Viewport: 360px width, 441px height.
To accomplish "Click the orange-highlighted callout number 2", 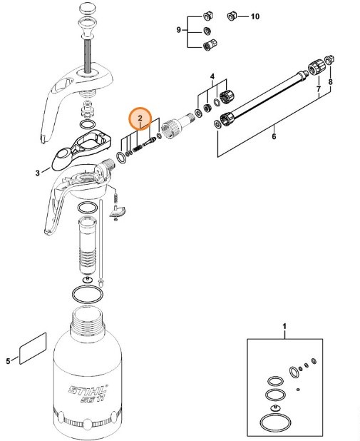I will pyautogui.click(x=140, y=117).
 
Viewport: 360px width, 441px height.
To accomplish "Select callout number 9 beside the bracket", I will pyautogui.click(x=179, y=30).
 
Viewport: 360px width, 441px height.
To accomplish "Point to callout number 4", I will pyautogui.click(x=212, y=75).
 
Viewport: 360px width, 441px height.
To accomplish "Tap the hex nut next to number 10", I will pyautogui.click(x=232, y=15).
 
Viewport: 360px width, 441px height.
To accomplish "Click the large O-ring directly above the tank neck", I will pyautogui.click(x=88, y=293).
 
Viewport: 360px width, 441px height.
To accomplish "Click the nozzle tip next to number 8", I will pyautogui.click(x=329, y=58).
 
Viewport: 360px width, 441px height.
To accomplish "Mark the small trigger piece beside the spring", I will pyautogui.click(x=119, y=209).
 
